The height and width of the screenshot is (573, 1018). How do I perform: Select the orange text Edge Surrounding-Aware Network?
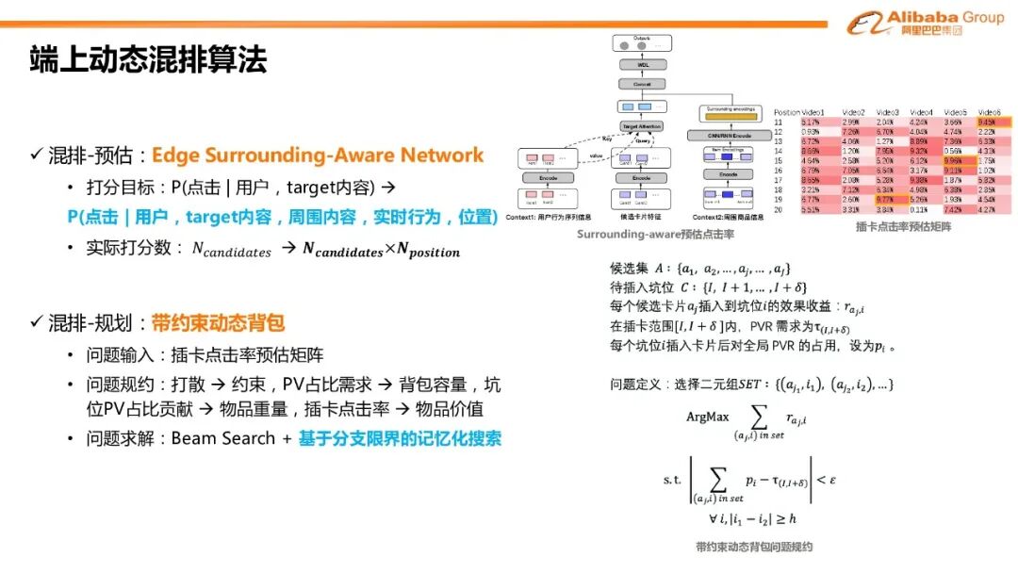tap(318, 155)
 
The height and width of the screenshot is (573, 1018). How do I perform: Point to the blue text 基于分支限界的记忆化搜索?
tap(401, 438)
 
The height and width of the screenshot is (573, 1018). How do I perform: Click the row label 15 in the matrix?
tap(780, 161)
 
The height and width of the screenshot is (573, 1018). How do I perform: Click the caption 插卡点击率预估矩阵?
tap(890, 227)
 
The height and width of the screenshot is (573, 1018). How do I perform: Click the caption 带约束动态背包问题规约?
tap(754, 547)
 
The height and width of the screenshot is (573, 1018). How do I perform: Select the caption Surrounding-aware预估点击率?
tap(656, 234)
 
